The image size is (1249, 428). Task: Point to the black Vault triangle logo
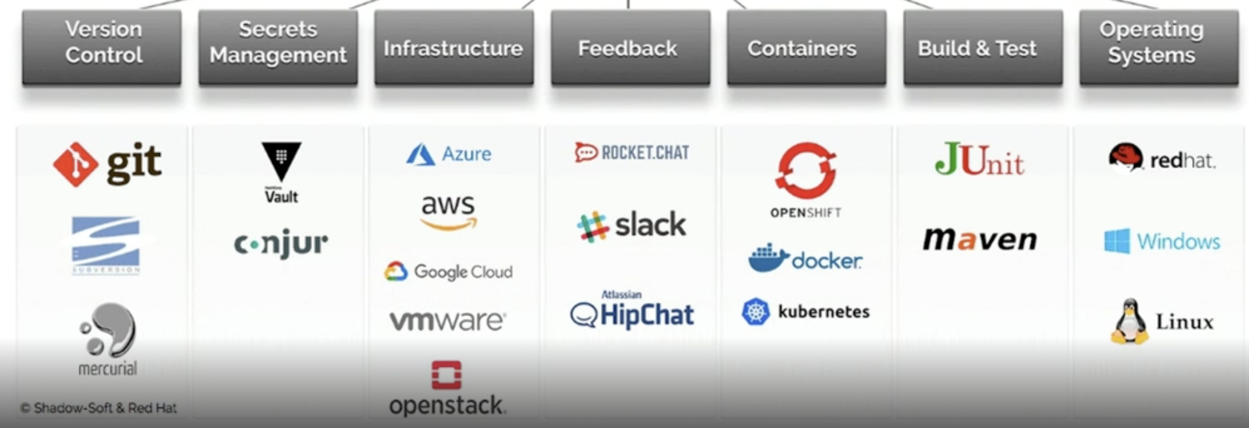281,160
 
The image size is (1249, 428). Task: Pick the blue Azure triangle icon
420,155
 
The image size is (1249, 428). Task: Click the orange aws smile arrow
449,224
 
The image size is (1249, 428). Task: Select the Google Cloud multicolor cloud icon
396,272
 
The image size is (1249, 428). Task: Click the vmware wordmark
448,320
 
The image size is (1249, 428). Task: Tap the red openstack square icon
446,375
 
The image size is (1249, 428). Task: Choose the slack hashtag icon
592,227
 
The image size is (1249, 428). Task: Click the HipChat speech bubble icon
583,315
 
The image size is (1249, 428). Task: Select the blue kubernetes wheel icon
755,311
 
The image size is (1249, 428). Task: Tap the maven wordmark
979,239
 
